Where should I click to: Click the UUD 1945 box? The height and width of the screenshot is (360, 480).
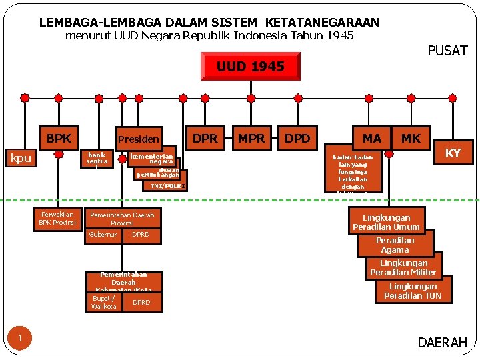(x=250, y=66)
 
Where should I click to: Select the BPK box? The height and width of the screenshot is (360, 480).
(x=59, y=138)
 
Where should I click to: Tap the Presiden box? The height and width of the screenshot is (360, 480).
(x=138, y=139)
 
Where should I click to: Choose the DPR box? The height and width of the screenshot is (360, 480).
(x=205, y=138)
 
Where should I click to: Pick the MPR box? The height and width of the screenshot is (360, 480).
(x=251, y=138)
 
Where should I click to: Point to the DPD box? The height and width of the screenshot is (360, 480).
(x=297, y=138)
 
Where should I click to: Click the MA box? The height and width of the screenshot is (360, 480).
(x=371, y=138)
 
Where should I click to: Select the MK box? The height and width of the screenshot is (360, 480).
(x=411, y=138)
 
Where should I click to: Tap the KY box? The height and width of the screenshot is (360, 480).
(x=453, y=153)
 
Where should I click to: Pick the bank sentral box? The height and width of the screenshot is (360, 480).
(x=97, y=157)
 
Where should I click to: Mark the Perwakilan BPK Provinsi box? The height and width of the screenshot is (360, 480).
(x=57, y=218)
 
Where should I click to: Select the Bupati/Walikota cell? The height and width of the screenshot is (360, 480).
(x=104, y=302)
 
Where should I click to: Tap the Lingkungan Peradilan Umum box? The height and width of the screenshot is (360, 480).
(x=386, y=222)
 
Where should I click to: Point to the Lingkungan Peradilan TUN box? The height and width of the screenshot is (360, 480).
(x=413, y=291)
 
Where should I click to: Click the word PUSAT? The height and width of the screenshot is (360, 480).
(x=447, y=51)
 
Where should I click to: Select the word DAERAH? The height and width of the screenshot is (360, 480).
(x=442, y=343)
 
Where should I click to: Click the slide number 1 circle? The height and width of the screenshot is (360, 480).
(x=20, y=339)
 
